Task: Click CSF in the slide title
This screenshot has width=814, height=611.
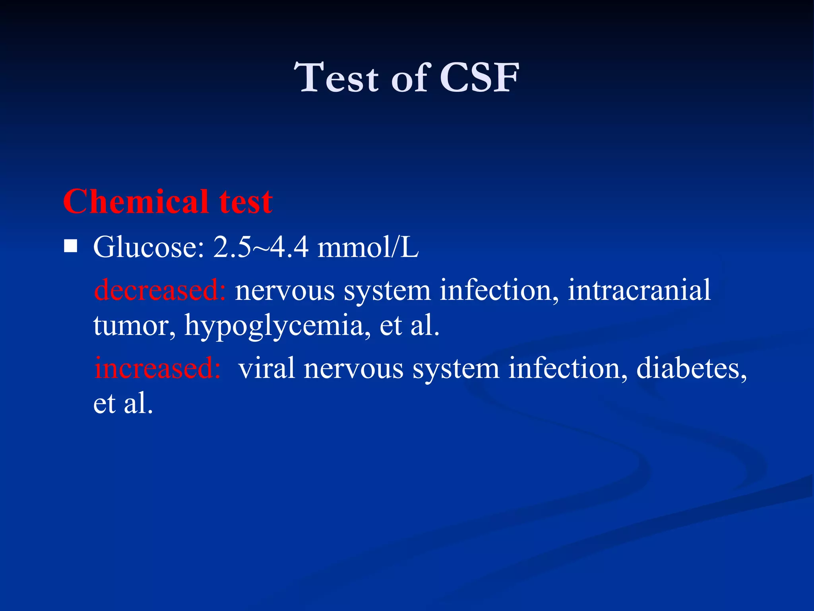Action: (479, 78)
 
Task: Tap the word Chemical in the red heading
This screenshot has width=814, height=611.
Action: (136, 202)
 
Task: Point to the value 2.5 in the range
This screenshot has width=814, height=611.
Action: (232, 247)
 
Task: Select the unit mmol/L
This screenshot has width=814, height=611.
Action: (368, 247)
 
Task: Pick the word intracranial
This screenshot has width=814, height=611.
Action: (639, 290)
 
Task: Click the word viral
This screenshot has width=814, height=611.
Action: (267, 368)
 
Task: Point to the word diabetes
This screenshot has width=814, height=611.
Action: (692, 368)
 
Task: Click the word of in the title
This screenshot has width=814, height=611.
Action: (411, 78)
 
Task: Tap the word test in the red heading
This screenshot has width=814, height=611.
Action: (246, 202)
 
